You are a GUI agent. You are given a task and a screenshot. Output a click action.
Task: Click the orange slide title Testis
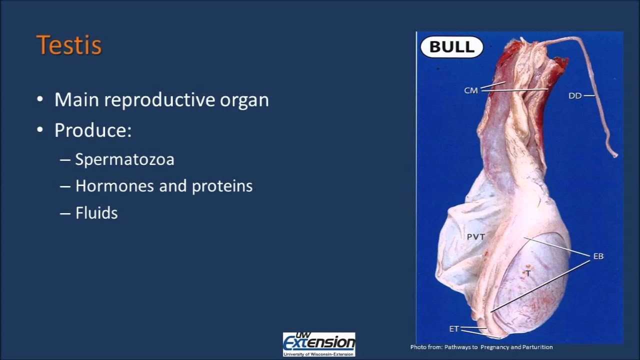pyautogui.click(x=69, y=45)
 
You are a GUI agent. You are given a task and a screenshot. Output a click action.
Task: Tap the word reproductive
pyautogui.click(x=159, y=100)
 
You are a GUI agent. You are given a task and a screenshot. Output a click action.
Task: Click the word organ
pyautogui.click(x=244, y=100)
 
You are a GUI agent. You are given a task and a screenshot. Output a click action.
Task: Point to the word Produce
pyautogui.click(x=92, y=130)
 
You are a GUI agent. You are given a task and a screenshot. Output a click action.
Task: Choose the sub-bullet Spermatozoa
pyautogui.click(x=124, y=159)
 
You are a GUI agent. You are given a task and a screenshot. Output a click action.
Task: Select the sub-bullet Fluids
pyautogui.click(x=96, y=213)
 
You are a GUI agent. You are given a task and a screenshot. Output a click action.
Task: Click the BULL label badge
pyautogui.click(x=451, y=47)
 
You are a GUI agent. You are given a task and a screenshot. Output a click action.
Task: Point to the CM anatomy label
pyautogui.click(x=471, y=90)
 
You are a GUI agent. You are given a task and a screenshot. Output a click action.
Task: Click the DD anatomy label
pyautogui.click(x=575, y=95)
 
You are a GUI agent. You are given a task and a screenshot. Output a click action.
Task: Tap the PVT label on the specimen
pyautogui.click(x=475, y=237)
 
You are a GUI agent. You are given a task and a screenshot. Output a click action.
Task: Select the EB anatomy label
pyautogui.click(x=598, y=256)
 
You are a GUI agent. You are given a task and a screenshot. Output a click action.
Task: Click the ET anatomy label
pyautogui.click(x=454, y=329)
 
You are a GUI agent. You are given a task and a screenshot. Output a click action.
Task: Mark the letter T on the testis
pyautogui.click(x=527, y=273)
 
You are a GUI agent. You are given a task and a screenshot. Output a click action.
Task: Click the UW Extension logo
pyautogui.click(x=319, y=344)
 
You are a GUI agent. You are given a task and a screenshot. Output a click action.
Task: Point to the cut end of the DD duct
pyautogui.click(x=615, y=155)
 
